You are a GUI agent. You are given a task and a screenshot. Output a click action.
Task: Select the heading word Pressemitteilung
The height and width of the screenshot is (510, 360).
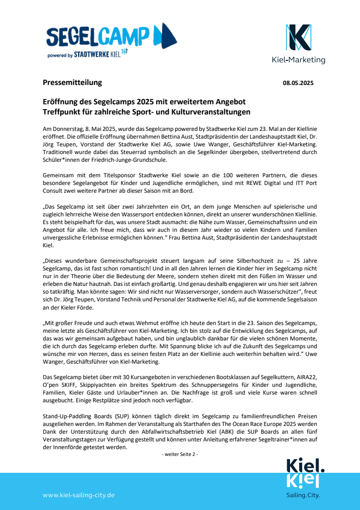tap(72, 82)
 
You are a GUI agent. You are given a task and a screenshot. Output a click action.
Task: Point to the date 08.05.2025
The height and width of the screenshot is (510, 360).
tap(298, 83)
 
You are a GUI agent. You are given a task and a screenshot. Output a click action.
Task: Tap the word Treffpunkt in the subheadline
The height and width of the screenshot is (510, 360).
tap(61, 112)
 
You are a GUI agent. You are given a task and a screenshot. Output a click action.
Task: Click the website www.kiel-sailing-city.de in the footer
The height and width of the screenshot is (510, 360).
tap(78, 495)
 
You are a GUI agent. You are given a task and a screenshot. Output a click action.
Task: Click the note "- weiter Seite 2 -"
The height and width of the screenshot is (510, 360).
tap(180, 454)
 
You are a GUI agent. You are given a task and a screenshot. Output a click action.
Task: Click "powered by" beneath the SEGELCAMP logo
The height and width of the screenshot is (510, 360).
tap(60, 56)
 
